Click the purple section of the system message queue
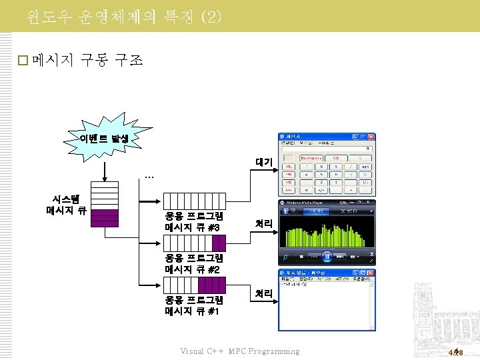tap(104, 218)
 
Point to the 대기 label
tap(264, 162)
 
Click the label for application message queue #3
tap(194, 222)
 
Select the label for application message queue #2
tap(194, 263)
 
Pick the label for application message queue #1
tap(194, 305)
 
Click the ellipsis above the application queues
tap(149, 178)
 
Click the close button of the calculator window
tap(371, 137)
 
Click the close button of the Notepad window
tap(371, 273)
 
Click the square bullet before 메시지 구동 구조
tap(23, 61)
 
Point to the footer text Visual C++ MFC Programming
tap(240, 351)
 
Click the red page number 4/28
tap(456, 351)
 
